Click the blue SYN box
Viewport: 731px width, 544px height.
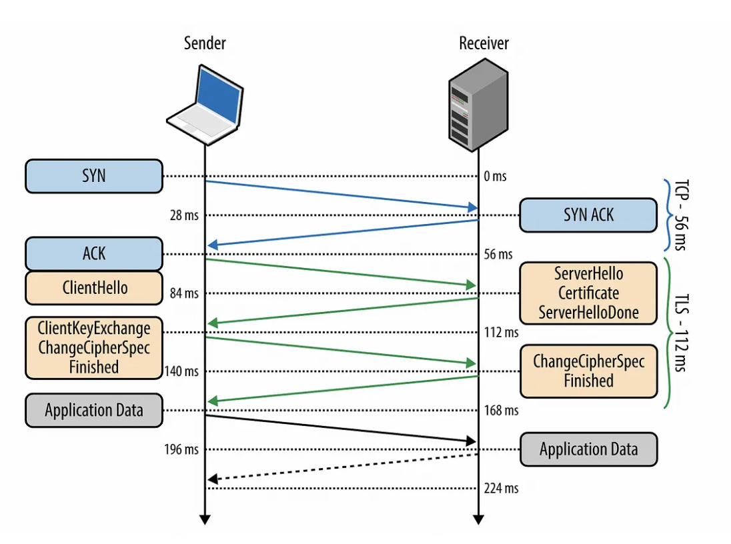94,176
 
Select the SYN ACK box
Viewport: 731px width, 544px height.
588,215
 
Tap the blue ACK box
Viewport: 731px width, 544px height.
94,253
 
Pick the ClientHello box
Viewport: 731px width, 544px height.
94,288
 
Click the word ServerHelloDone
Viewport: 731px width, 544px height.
588,312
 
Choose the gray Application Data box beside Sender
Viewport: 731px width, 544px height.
94,410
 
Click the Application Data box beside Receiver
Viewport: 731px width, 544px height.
588,449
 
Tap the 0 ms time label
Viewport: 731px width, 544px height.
495,177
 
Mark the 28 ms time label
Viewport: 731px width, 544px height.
185,215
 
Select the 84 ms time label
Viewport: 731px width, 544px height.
185,293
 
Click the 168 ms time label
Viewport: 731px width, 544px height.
501,411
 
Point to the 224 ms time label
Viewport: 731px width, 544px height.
501,489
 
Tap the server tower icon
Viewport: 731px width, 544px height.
478,107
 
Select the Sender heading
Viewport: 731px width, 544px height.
205,44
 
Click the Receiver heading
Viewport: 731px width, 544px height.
484,44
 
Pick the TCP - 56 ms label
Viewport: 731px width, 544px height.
679,215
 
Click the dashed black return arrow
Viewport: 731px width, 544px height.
343,467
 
